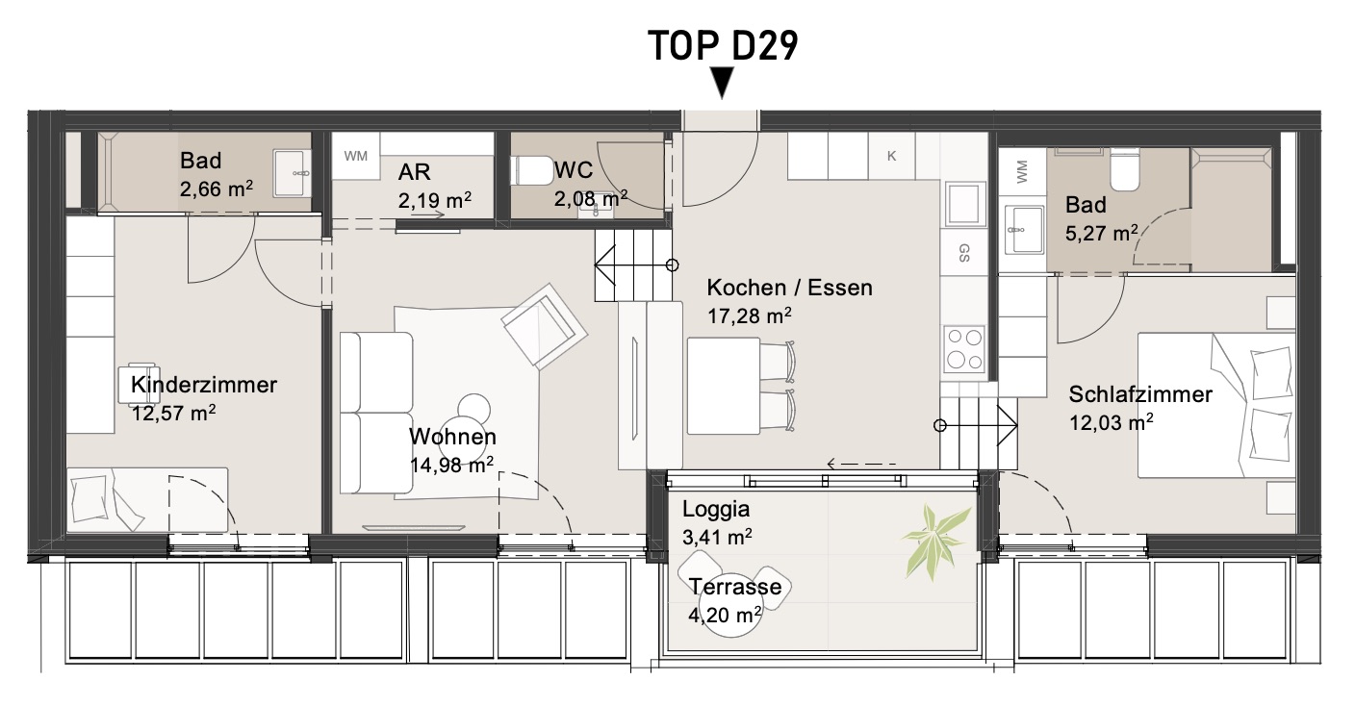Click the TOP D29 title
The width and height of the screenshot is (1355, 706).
pos(723,45)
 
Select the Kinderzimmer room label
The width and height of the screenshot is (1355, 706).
pos(204,385)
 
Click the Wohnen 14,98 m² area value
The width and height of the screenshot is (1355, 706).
pos(452,465)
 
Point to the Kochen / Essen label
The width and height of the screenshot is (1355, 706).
pos(789,288)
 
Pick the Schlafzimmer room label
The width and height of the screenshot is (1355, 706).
pos(1140,394)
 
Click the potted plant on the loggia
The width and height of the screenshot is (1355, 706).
pos(934,540)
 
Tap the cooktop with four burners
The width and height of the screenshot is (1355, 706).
pos(963,349)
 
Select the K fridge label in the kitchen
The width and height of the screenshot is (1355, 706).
pos(892,156)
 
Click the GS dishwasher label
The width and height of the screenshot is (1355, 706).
pos(963,253)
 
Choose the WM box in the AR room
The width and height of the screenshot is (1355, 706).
pos(356,156)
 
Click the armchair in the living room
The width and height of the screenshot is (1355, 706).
pos(544,325)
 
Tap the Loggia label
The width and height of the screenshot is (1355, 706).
pos(716,509)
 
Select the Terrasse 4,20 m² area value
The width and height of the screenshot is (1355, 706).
pos(725,615)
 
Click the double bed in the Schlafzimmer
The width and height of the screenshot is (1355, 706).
pos(1216,406)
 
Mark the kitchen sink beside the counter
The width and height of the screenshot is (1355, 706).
pos(963,204)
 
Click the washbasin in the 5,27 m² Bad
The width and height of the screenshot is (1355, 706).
pos(1024,229)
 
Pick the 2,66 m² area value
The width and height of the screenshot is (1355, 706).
pos(216,189)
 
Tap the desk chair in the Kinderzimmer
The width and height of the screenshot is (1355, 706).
pos(140,384)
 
